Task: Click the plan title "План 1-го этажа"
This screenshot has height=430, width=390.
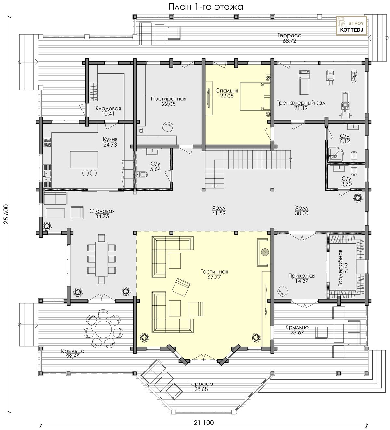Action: pyautogui.click(x=206, y=7)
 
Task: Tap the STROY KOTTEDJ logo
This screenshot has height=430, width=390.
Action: pyautogui.click(x=352, y=26)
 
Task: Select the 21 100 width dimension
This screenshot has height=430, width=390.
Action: pyautogui.click(x=204, y=423)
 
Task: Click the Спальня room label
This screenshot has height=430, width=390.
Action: pyautogui.click(x=227, y=91)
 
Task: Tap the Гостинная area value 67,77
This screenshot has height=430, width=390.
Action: pyautogui.click(x=214, y=277)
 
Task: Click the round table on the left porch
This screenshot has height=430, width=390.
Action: pyautogui.click(x=104, y=329)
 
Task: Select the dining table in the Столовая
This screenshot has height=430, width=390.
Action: pyautogui.click(x=102, y=259)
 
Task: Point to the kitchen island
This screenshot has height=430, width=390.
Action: pyautogui.click(x=84, y=160)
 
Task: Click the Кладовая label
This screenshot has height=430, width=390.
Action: pyautogui.click(x=108, y=108)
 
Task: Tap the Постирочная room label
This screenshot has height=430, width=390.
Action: pyautogui.click(x=169, y=99)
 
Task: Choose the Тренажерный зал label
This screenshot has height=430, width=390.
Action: pyautogui.click(x=301, y=103)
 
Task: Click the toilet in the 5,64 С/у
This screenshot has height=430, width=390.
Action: pyautogui.click(x=142, y=175)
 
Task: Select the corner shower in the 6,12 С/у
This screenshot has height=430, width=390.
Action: pyautogui.click(x=335, y=154)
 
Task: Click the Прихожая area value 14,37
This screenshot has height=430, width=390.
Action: pyautogui.click(x=302, y=281)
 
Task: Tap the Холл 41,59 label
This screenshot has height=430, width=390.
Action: pyautogui.click(x=219, y=210)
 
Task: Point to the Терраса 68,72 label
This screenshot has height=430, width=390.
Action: pyautogui.click(x=290, y=38)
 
